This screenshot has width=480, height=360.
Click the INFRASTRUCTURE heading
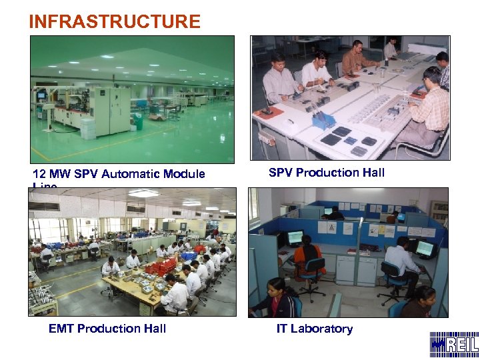(114, 21)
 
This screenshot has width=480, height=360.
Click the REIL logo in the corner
(454, 345)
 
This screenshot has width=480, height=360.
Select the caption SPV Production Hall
(327, 173)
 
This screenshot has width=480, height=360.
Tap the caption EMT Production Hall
(107, 328)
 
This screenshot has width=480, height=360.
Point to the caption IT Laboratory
(315, 328)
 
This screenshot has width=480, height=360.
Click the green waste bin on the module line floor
(138, 122)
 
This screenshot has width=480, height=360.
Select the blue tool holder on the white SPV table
(323, 120)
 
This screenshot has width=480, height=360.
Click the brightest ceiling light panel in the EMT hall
(144, 194)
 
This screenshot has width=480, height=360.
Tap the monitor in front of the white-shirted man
(423, 248)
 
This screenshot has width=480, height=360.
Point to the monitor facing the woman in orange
(295, 237)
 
